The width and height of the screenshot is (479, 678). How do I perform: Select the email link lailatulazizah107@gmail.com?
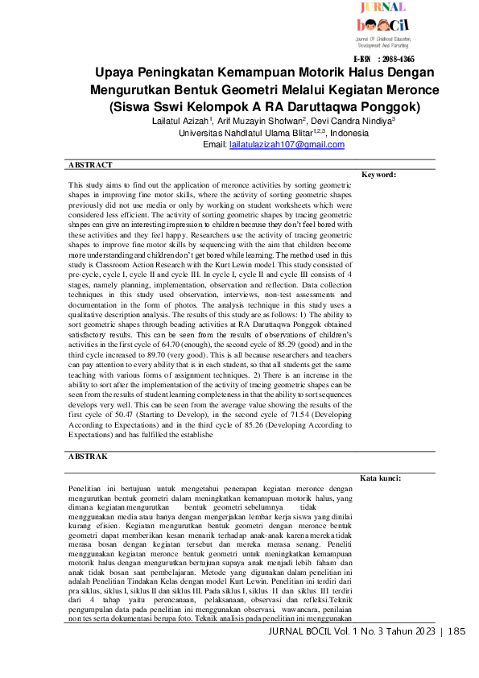point(275,145)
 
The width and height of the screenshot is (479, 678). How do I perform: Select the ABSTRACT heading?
point(90,164)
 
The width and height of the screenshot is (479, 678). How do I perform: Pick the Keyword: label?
point(379,175)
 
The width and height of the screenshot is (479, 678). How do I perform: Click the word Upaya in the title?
point(115,72)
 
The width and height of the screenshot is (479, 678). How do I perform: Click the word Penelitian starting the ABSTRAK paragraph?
point(89,488)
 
